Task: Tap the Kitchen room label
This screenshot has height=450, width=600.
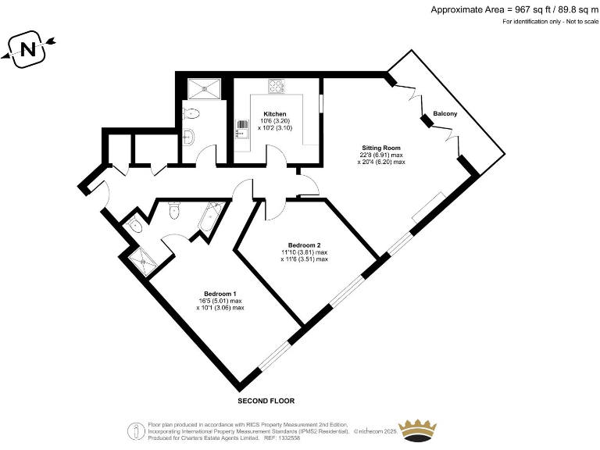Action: pyautogui.click(x=275, y=114)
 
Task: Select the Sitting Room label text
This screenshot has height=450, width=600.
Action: pyautogui.click(x=381, y=147)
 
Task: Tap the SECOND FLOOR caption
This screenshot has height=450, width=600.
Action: pyautogui.click(x=266, y=401)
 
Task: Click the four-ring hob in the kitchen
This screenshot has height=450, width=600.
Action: pyautogui.click(x=277, y=85)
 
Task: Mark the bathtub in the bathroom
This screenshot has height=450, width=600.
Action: pyautogui.click(x=210, y=218)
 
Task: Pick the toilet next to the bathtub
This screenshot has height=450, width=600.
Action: pyautogui.click(x=175, y=209)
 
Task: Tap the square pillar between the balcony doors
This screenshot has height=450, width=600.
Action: pyautogui.click(x=426, y=120)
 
